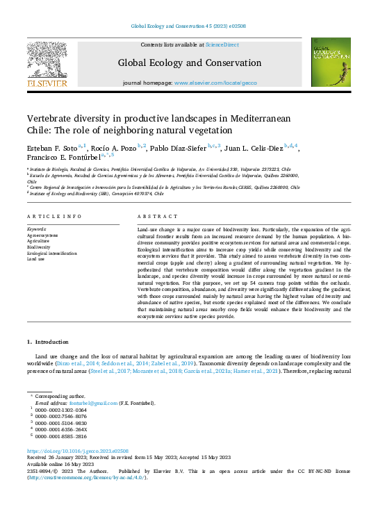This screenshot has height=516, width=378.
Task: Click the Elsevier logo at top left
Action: click(47, 64)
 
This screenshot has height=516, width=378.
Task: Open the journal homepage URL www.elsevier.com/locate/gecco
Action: click(215, 83)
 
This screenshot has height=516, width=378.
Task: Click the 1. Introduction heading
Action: click(48, 342)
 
